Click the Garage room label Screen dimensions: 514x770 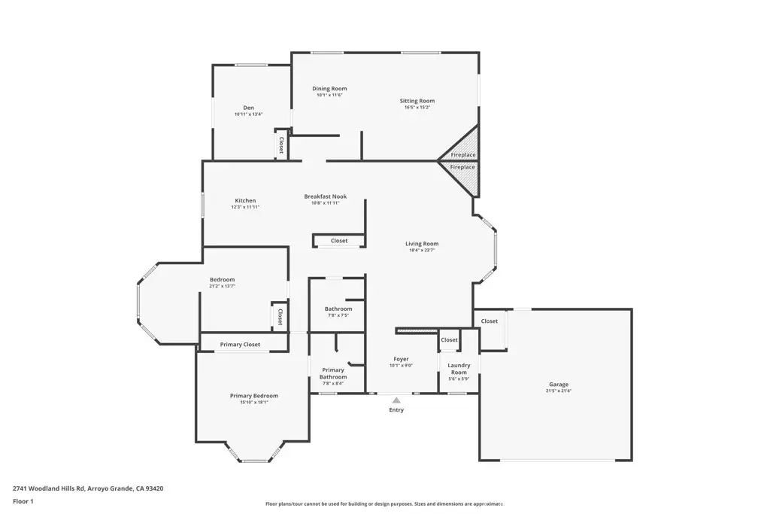(558, 384)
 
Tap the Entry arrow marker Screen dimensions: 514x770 (396, 400)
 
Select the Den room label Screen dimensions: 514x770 (248, 108)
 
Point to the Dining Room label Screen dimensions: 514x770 (329, 89)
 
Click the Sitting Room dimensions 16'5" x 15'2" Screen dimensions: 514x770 (417, 108)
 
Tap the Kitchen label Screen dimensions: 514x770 (245, 201)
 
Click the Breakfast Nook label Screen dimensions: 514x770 (325, 196)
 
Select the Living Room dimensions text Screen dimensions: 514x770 (422, 250)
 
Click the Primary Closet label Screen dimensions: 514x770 (240, 345)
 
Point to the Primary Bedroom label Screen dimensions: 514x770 (253, 396)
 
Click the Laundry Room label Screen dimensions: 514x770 (459, 369)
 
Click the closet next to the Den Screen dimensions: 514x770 (281, 145)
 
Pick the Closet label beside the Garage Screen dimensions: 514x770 (490, 321)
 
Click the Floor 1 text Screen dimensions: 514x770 (24, 500)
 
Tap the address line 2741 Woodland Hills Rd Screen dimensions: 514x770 (88, 488)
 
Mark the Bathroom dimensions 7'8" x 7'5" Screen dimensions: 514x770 (338, 315)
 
